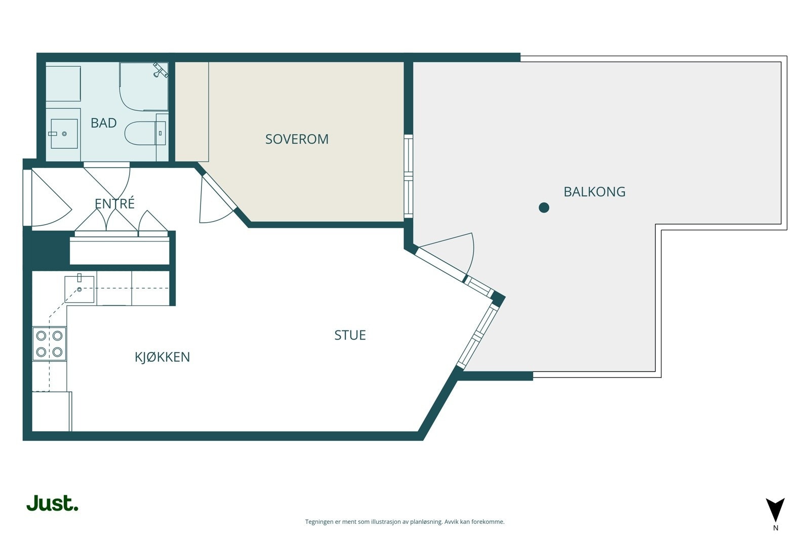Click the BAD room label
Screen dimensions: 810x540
[103, 123]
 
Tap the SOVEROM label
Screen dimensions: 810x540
[297, 139]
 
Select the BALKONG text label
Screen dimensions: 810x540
[594, 192]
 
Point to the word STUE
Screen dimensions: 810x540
[350, 335]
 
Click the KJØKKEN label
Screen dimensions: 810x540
[163, 357]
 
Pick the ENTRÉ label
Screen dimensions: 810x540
[114, 203]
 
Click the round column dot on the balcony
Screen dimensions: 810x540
[544, 207]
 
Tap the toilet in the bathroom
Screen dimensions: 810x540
[145, 133]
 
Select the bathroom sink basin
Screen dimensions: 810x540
[64, 134]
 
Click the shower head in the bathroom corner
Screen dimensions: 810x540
[160, 70]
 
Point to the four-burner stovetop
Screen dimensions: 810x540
[49, 344]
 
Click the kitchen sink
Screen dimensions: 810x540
[79, 289]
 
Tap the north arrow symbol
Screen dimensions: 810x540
[775, 510]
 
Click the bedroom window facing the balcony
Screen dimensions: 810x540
[408, 177]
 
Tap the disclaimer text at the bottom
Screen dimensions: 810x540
[404, 522]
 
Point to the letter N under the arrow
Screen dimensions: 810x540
[776, 528]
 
